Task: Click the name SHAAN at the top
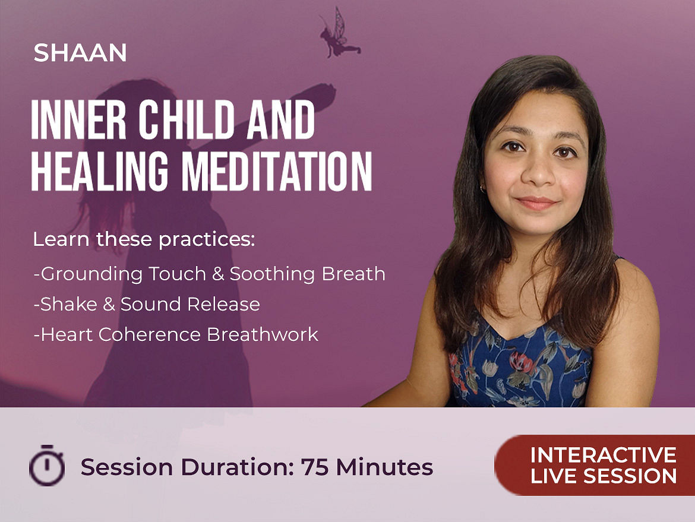click(x=80, y=53)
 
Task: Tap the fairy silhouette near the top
click(x=340, y=34)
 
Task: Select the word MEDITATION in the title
click(x=277, y=172)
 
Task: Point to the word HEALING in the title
click(x=100, y=172)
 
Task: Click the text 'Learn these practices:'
click(x=144, y=239)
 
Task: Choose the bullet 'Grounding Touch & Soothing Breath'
click(x=209, y=274)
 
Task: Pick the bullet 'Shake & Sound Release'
click(x=147, y=304)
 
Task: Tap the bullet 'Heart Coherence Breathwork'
click(x=176, y=334)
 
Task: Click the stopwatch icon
click(x=47, y=465)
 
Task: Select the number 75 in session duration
click(x=314, y=467)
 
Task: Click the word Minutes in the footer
click(x=384, y=467)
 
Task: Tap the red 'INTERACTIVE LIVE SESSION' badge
click(x=595, y=465)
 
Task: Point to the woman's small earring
click(x=482, y=189)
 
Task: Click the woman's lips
click(x=537, y=203)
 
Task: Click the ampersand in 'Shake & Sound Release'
click(x=109, y=305)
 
